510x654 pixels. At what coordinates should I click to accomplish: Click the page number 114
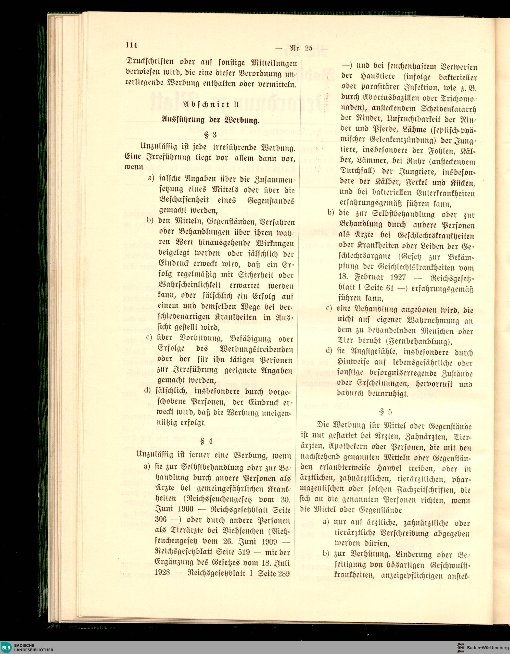131,45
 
